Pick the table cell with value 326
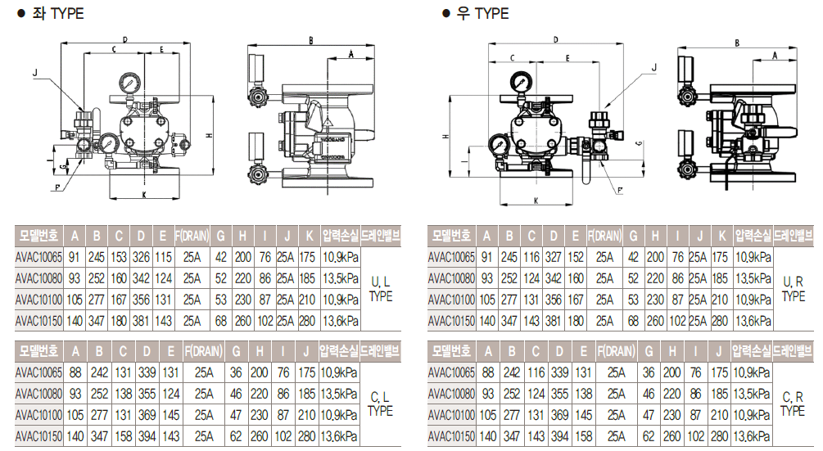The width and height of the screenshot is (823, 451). (140, 257)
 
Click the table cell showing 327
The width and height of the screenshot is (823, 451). (553, 257)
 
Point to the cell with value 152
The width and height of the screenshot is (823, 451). (575, 257)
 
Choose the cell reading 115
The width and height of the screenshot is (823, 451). (162, 257)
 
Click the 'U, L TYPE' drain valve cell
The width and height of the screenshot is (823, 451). (381, 289)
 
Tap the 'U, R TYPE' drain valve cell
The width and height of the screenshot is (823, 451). (794, 289)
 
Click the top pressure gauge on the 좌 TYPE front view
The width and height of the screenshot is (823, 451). (129, 83)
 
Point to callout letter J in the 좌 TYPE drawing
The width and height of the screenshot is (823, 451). (35, 73)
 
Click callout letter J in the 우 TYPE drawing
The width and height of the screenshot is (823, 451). (653, 69)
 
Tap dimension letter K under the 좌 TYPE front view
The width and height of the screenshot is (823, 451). (144, 195)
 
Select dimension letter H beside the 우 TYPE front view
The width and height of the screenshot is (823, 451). (445, 137)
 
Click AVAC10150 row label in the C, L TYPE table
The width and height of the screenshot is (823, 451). (39, 436)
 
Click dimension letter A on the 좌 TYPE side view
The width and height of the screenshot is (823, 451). (350, 54)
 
